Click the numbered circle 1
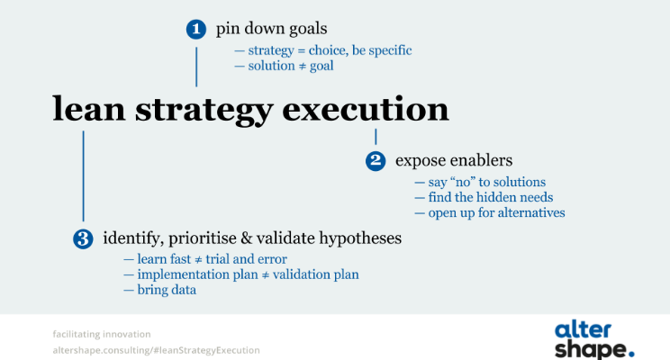(x=196, y=29)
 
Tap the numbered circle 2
(x=376, y=160)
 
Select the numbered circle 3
(x=83, y=238)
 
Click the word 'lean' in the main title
(x=89, y=109)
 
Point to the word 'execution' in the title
(x=366, y=109)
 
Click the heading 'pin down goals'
(x=271, y=29)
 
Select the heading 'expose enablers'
(x=454, y=160)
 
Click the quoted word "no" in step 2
(x=463, y=183)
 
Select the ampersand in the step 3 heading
(x=247, y=238)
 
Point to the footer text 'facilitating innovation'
(x=102, y=334)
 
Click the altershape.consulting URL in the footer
(x=156, y=350)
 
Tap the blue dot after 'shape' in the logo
(x=630, y=353)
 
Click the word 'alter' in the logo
(x=583, y=330)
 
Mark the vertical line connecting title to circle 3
(x=84, y=175)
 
